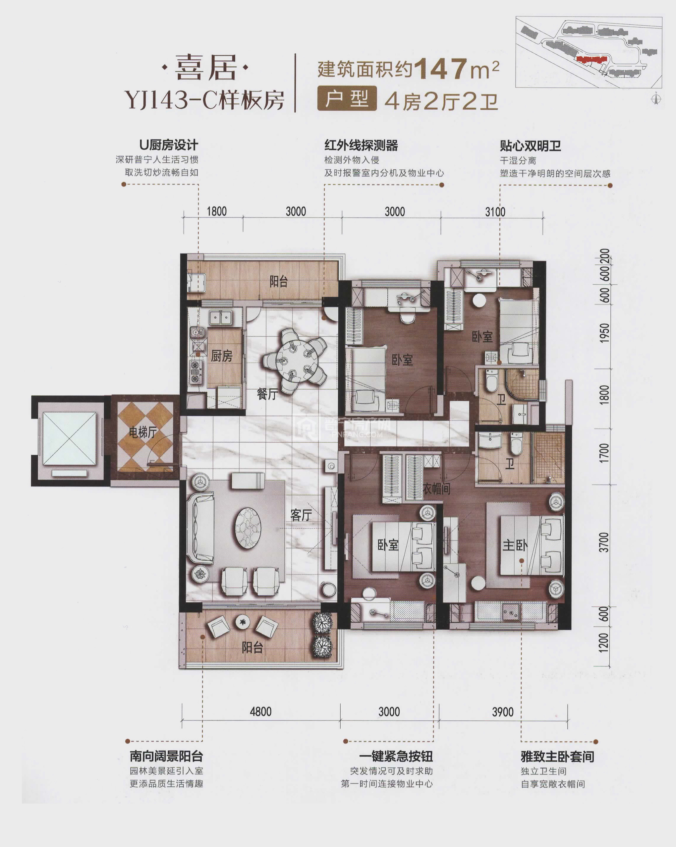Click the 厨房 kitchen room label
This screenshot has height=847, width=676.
(222, 356)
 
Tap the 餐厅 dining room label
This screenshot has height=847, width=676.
(267, 393)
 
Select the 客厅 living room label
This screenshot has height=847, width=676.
(301, 515)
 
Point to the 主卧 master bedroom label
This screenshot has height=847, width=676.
(515, 545)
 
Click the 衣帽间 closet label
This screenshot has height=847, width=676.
(436, 489)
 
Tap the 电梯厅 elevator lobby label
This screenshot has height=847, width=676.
(143, 432)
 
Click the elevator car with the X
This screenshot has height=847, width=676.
(69, 438)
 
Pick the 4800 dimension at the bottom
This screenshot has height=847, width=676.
(260, 711)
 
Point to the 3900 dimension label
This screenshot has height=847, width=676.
(503, 712)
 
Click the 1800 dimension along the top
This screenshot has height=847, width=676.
(217, 211)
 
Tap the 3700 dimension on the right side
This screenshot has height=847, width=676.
(604, 542)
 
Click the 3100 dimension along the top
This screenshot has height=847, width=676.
(495, 212)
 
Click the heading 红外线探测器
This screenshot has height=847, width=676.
(361, 145)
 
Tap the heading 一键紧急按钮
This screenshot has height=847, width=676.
(396, 756)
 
